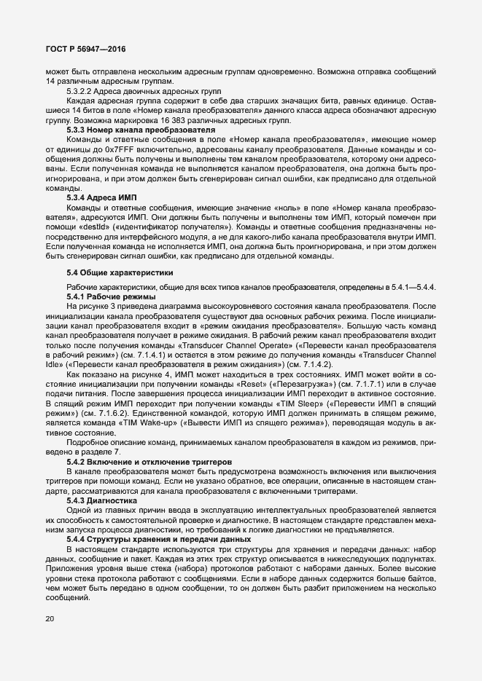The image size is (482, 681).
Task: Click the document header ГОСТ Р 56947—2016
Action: [x=86, y=49]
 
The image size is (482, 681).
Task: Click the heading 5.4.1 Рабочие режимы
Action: [x=110, y=297]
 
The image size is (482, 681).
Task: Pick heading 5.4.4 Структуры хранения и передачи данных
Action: [x=158, y=538]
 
